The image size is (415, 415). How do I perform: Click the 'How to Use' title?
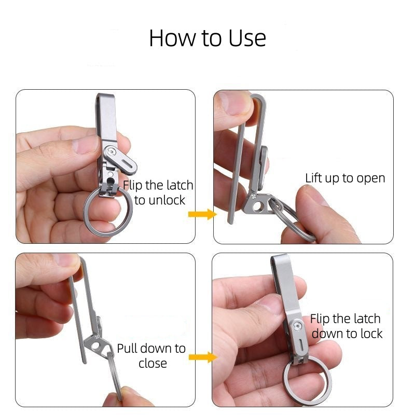tap(208, 38)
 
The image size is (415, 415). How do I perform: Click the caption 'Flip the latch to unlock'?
tap(158, 192)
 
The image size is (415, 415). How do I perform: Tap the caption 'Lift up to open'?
tap(345, 178)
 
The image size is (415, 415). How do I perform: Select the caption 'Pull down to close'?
tap(151, 355)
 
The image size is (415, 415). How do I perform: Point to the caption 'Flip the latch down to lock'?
tap(347, 326)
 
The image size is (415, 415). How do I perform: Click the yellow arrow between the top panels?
tap(202, 214)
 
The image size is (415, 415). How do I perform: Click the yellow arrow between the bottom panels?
tap(202, 357)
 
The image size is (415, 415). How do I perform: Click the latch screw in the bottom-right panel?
tap(297, 326)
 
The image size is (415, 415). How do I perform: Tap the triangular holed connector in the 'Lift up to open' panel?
tap(258, 204)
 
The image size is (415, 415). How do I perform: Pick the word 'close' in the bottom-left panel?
tap(153, 363)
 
